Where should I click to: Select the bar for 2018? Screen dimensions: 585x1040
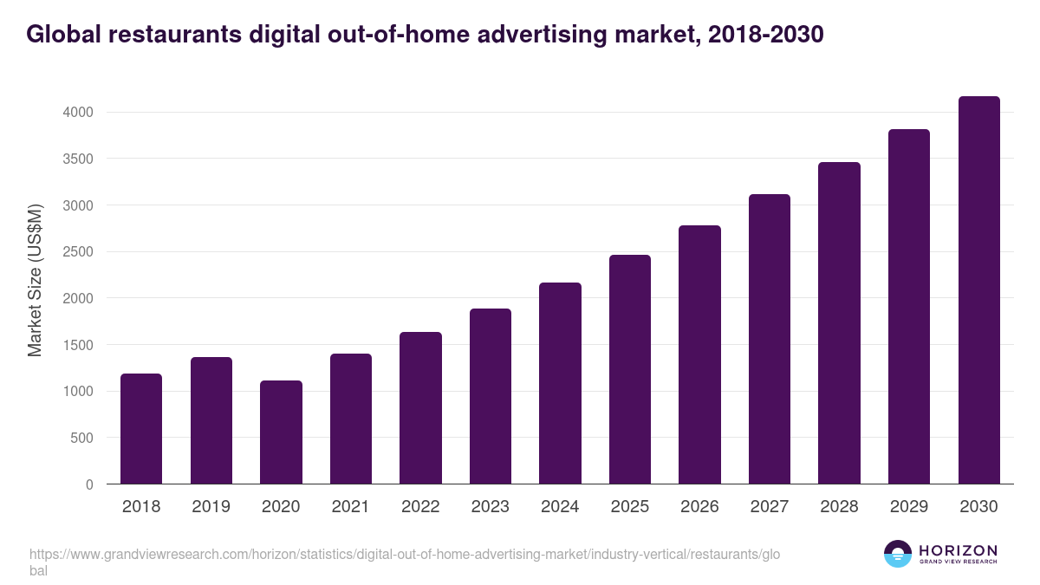click(141, 429)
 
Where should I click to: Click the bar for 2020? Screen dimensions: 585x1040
click(281, 432)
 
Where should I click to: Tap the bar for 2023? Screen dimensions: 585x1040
click(491, 396)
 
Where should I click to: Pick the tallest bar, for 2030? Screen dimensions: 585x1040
click(978, 290)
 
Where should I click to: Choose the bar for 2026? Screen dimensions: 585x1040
click(699, 354)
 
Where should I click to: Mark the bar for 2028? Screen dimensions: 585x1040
click(839, 323)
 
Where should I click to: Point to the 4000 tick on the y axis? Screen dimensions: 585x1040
click(76, 113)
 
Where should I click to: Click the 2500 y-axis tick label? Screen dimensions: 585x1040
click(76, 252)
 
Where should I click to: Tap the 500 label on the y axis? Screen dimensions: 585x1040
click(81, 439)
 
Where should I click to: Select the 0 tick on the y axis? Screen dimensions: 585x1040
click(88, 485)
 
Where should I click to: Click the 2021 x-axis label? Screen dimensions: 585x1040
click(350, 507)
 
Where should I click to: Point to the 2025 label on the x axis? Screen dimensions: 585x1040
click(629, 507)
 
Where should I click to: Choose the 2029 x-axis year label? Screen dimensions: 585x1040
click(908, 507)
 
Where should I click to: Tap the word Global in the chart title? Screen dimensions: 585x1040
click(59, 35)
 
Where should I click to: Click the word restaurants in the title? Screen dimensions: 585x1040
click(159, 35)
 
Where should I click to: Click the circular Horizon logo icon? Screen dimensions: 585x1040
click(898, 554)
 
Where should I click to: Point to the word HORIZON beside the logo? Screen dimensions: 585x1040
click(958, 550)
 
